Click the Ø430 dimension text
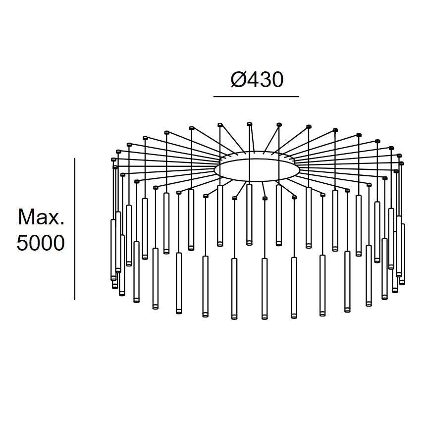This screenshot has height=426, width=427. pos(257,80)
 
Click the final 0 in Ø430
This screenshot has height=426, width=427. pos(277,80)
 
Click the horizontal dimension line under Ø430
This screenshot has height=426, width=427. pos(256,97)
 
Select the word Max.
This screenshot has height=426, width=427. pos(41,217)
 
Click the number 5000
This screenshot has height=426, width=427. pos(41,243)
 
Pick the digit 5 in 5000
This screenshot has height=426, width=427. pos(22,243)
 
